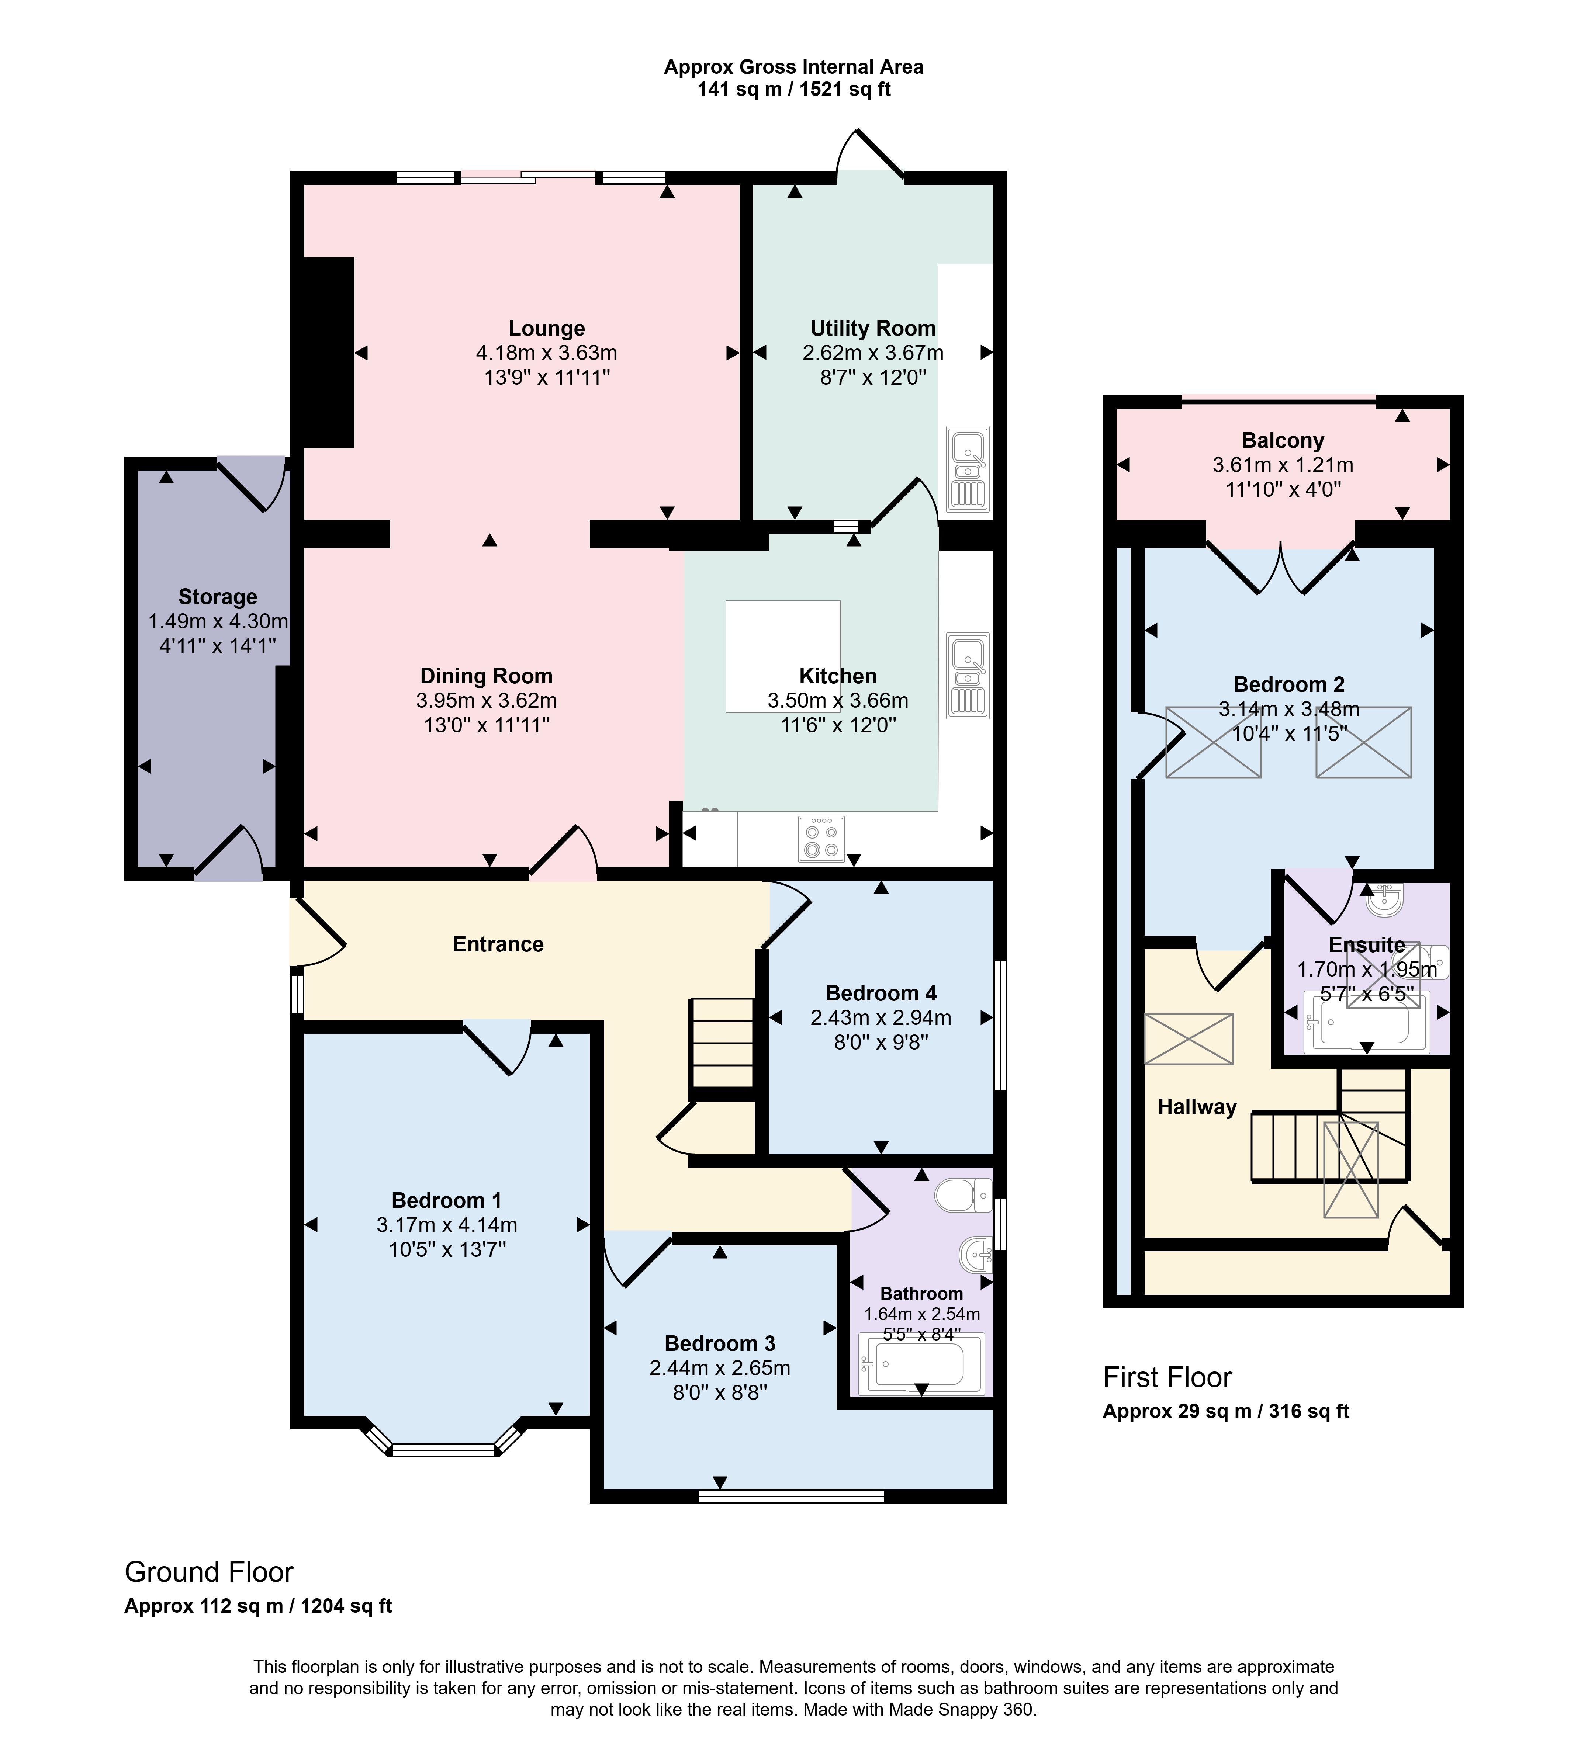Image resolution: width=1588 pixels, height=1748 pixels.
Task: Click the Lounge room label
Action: click(546, 329)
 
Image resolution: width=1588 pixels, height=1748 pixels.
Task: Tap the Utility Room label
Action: click(872, 329)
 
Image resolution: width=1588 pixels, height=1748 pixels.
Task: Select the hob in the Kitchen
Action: click(820, 839)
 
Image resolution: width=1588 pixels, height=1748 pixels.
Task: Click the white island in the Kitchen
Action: click(783, 656)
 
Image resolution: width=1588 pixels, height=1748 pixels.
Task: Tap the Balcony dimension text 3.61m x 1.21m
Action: click(1283, 465)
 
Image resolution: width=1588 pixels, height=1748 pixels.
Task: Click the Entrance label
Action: click(498, 944)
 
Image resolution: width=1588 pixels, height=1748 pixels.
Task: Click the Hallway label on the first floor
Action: click(1197, 1107)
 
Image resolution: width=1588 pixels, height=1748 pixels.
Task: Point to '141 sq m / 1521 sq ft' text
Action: click(793, 89)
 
